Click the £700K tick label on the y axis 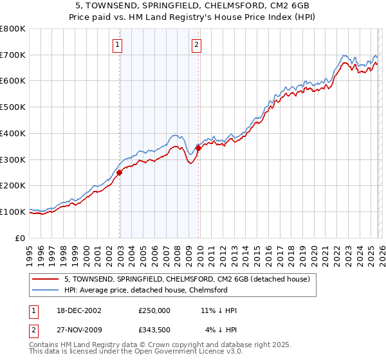click(x=13, y=55)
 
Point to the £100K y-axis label click(x=13, y=212)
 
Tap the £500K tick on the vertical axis click(x=13, y=107)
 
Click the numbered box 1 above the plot click(x=119, y=45)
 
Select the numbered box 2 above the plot click(x=196, y=45)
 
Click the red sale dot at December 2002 click(x=120, y=172)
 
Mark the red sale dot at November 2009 click(x=198, y=148)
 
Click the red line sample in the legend click(x=45, y=279)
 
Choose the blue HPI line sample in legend click(x=45, y=290)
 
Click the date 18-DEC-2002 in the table click(x=78, y=310)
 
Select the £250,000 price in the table click(x=154, y=310)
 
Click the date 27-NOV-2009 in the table click(x=78, y=329)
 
